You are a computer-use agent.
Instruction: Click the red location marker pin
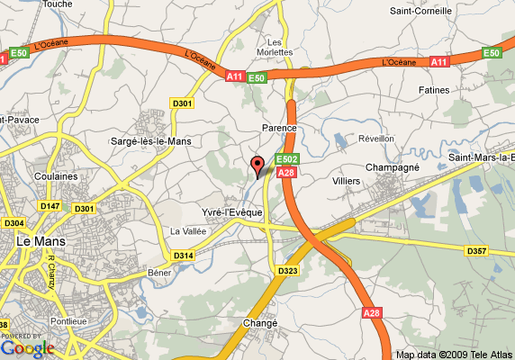(257, 165)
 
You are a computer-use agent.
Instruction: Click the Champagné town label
(393, 167)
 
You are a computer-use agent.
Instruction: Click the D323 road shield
(287, 270)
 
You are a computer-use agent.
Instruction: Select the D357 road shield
(475, 249)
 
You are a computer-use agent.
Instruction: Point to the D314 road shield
(183, 256)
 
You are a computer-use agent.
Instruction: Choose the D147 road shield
(50, 206)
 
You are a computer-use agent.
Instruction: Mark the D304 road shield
(14, 222)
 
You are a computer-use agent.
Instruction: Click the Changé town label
(259, 323)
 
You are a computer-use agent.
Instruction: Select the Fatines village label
(434, 90)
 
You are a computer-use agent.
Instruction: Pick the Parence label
(279, 129)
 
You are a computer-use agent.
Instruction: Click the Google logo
(28, 346)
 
